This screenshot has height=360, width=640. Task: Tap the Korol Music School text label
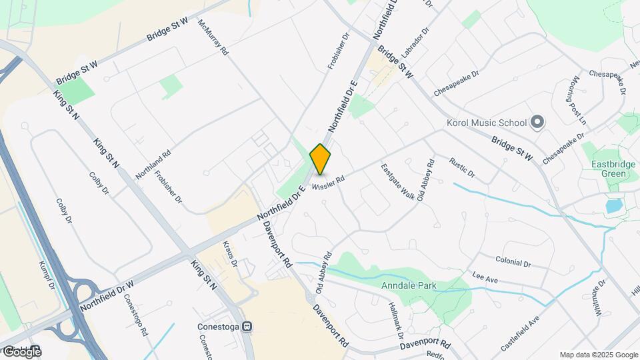487,123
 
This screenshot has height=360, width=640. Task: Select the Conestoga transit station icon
247,327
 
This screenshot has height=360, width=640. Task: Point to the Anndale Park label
409,286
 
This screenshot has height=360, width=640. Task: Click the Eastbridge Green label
609,169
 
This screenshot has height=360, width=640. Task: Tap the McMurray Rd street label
212,37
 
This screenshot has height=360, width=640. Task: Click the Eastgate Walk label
399,183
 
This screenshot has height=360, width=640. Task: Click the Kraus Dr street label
229,254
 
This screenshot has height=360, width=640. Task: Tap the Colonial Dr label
513,261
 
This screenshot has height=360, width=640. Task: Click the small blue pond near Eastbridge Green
613,205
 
